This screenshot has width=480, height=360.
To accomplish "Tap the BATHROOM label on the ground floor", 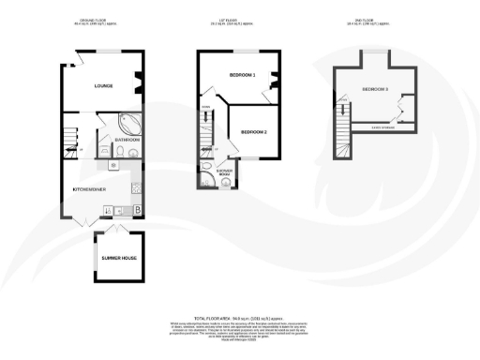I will (127, 140).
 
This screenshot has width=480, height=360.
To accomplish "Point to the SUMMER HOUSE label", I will (115, 256).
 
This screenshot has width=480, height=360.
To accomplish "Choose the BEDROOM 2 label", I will (254, 132).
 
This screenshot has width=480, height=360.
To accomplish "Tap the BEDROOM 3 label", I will (376, 89).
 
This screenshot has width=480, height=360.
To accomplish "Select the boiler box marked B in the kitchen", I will (139, 208).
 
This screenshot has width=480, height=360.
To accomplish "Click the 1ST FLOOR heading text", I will (240, 18).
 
